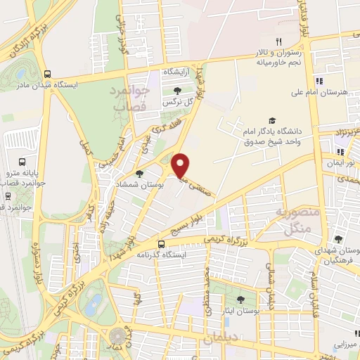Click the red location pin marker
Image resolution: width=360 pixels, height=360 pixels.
tap(181, 165)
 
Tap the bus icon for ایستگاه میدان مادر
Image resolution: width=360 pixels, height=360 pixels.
tap(47, 73)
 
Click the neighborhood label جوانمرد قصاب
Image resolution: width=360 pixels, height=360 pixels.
tap(129, 98)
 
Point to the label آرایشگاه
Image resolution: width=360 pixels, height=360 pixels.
tap(178, 72)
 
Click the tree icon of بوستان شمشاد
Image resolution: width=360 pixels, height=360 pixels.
tap(139, 174)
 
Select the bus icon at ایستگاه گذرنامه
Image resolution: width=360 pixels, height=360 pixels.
tap(162, 244)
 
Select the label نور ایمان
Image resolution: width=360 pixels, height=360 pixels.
tap(340, 162)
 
